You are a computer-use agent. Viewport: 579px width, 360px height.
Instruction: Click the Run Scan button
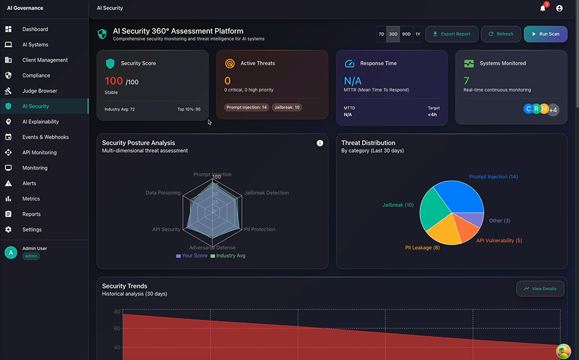pyautogui.click(x=545, y=34)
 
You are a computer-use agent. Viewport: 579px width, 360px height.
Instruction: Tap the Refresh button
pyautogui.click(x=501, y=34)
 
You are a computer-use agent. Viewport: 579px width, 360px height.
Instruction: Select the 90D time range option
pyautogui.click(x=406, y=34)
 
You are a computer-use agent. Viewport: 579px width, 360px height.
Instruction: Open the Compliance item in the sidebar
pyautogui.click(x=36, y=76)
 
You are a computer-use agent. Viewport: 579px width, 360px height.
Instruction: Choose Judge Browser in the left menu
pyautogui.click(x=40, y=91)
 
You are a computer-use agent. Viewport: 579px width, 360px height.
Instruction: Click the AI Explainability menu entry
pyautogui.click(x=40, y=122)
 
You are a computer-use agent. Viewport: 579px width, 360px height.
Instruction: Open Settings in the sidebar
pyautogui.click(x=31, y=229)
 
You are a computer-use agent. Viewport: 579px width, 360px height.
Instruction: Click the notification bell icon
pyautogui.click(x=543, y=8)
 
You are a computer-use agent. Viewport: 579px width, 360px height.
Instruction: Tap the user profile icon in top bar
pyautogui.click(x=560, y=8)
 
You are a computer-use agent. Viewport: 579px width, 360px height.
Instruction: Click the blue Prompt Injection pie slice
pyautogui.click(x=462, y=198)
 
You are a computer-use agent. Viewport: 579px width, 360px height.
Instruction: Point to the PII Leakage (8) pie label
pyautogui.click(x=422, y=248)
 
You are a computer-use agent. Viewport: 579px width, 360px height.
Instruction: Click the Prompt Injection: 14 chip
pyautogui.click(x=247, y=107)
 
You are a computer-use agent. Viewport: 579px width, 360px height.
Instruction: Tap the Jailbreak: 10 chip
pyautogui.click(x=287, y=107)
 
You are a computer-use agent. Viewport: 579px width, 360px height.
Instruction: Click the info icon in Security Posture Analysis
pyautogui.click(x=320, y=143)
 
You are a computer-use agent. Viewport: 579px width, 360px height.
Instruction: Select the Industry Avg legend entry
pyautogui.click(x=228, y=255)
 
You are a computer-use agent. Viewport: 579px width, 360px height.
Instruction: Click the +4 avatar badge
pyautogui.click(x=553, y=109)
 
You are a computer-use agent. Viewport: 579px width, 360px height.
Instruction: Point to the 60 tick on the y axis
pyautogui.click(x=117, y=328)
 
